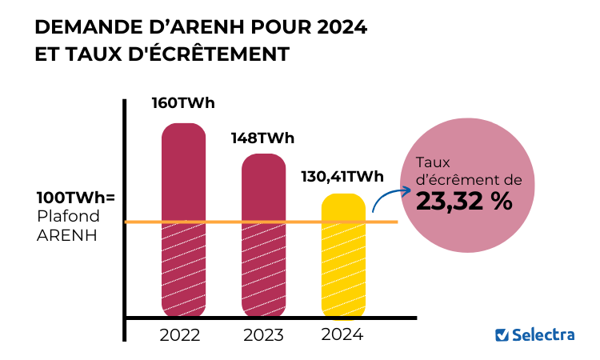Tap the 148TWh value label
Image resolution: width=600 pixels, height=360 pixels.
262,138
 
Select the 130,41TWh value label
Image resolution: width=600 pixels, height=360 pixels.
342,177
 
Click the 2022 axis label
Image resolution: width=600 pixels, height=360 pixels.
180,334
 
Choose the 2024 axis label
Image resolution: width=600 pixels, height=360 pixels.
342,334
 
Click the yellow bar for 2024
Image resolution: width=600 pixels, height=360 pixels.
344,256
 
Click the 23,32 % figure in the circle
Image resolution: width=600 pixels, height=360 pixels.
464,202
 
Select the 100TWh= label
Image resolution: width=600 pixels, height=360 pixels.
77,198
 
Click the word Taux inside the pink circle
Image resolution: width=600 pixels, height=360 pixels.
433,162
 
